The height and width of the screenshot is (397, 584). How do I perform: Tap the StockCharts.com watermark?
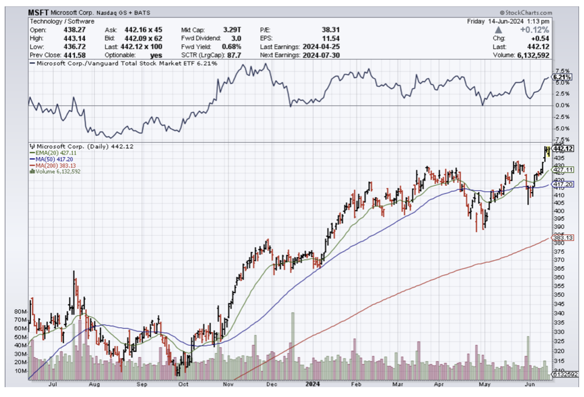[524, 13]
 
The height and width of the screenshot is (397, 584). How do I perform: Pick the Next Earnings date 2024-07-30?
[321, 55]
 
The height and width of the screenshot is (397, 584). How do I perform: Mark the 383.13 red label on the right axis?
[562, 237]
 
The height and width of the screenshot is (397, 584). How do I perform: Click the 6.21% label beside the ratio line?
[562, 77]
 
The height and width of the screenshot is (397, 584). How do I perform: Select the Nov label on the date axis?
[227, 384]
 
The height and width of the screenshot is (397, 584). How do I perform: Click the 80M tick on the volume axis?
[21, 312]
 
